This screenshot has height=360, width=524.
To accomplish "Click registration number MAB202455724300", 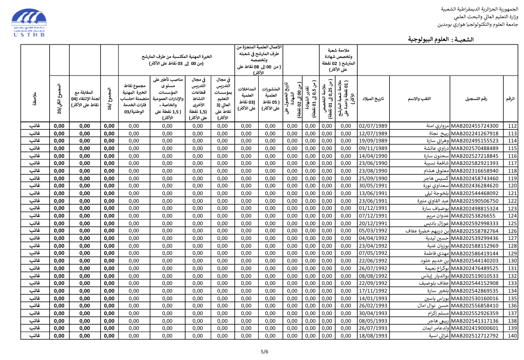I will point(475,126).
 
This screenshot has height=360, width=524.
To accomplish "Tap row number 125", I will point(513,223).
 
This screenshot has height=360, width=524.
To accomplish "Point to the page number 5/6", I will point(264,352).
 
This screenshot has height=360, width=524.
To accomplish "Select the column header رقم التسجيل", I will point(477,98).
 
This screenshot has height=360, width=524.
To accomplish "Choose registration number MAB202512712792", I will point(475,336).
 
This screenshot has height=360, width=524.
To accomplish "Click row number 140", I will point(513,336).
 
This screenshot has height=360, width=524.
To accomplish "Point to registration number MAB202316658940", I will point(475,171).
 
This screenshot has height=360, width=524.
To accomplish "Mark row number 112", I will point(513,126).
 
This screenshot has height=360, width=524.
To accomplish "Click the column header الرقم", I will point(511,98).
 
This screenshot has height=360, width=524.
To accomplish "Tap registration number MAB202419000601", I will point(475,328).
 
